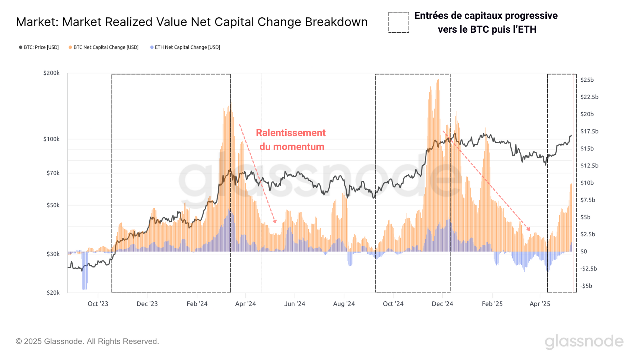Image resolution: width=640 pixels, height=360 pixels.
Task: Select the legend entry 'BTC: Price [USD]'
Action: pos(39,47)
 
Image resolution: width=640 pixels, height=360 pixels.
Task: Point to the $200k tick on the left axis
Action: pos(51,73)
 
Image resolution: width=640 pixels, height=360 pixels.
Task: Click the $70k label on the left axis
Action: pos(53,173)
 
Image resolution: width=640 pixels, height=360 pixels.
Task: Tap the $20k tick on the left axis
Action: pos(53,292)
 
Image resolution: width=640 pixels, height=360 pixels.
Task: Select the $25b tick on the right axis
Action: pos(587,80)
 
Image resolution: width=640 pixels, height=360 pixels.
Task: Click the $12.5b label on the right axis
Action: pos(589,166)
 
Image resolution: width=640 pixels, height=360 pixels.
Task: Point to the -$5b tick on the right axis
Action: pos(586,286)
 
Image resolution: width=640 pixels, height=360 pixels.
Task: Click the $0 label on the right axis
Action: pos(583,252)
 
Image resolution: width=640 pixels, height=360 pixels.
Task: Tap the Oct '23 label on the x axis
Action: pos(98,304)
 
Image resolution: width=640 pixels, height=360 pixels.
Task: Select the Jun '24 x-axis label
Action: pos(294,304)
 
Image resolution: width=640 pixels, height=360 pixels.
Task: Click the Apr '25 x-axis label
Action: pos(539,304)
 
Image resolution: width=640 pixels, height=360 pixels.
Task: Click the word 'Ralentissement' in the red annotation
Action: pos(290,133)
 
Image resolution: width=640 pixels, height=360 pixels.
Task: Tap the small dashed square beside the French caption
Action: pos(399,22)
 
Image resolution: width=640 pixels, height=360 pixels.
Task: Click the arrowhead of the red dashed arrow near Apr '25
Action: pos(528,229)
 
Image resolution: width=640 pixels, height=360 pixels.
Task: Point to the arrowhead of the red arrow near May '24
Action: pos(275,221)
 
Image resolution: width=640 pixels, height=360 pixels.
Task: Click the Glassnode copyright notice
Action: pos(87,341)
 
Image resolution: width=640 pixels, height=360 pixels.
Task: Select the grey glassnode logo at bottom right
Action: pos(584,341)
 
